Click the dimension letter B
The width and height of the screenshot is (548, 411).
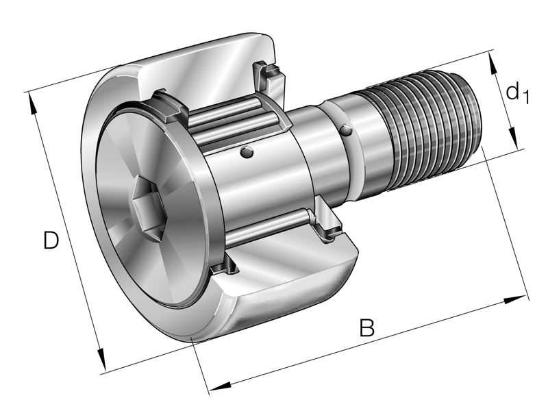(x=367, y=328)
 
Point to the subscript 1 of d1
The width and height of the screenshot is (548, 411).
(x=525, y=99)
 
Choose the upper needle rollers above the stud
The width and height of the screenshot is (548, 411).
(x=233, y=119)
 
